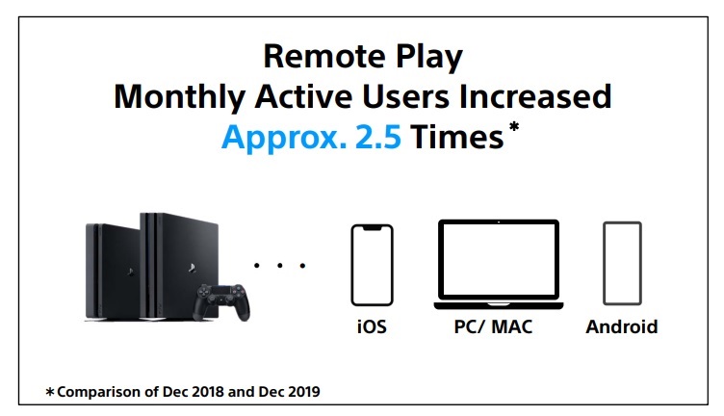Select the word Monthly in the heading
[179, 98]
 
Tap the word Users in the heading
[405, 96]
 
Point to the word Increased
[535, 96]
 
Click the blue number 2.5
[378, 137]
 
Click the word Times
[456, 137]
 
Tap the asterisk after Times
[513, 126]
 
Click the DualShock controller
[221, 301]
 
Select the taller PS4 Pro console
[179, 266]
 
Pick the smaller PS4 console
[113, 272]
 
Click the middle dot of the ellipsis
[280, 266]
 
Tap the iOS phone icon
[372, 265]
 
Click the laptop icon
[498, 265]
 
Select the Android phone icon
[622, 263]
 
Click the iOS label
[372, 326]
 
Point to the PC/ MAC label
[493, 326]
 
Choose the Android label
[622, 326]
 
